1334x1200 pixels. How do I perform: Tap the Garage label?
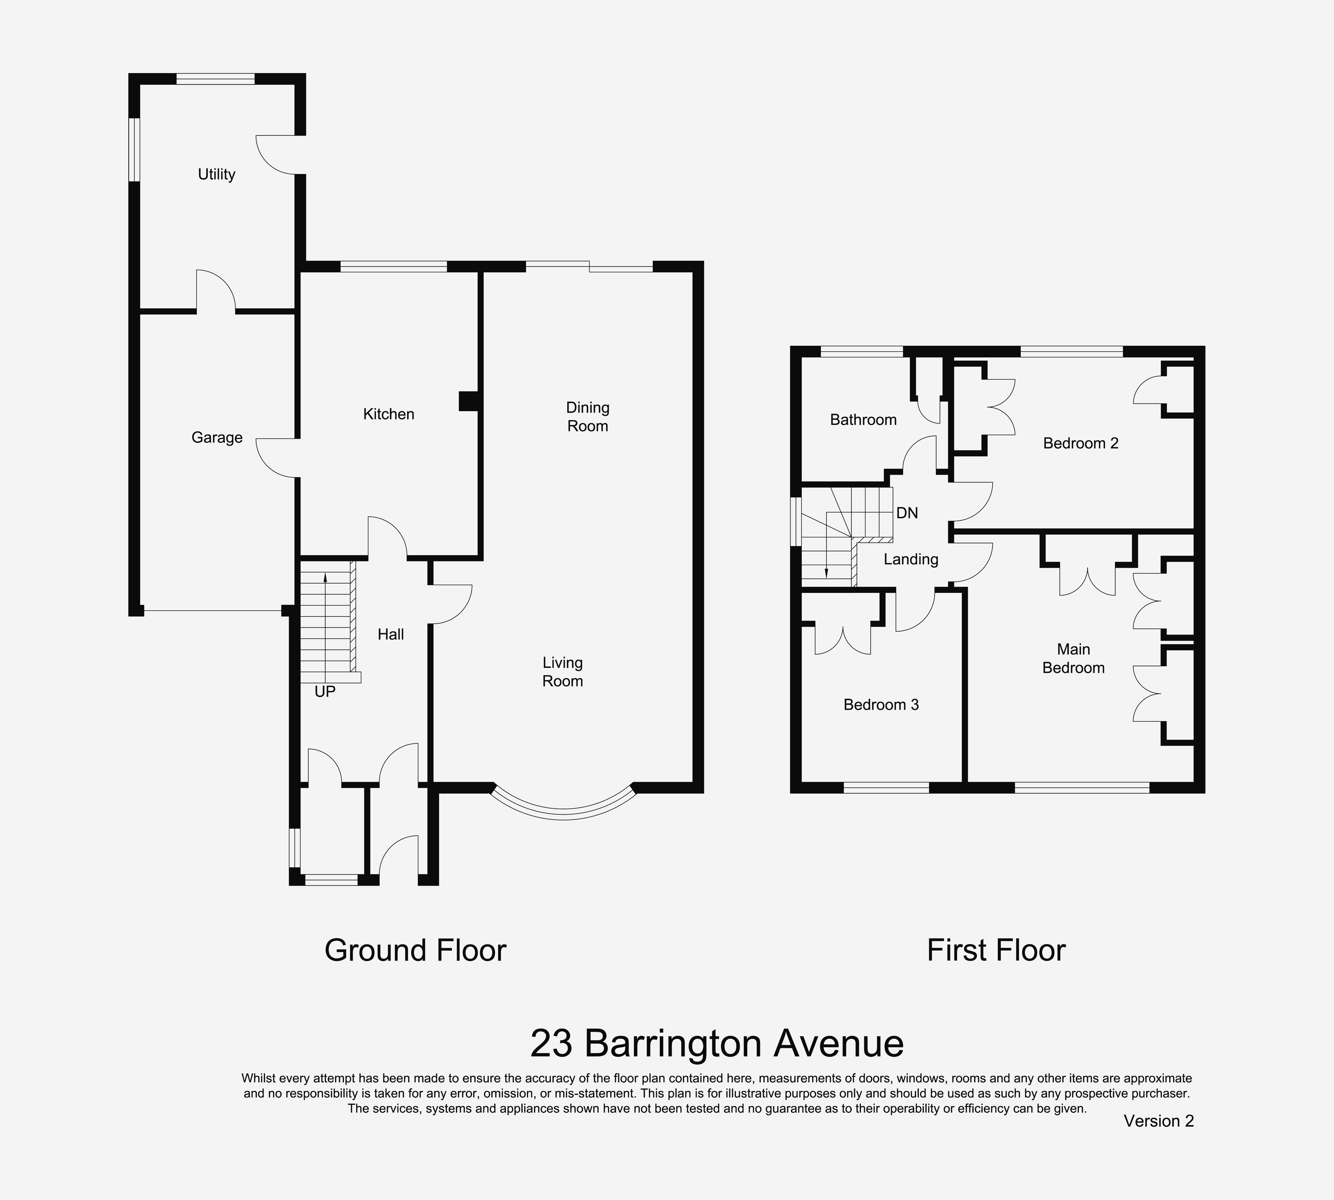coord(217,438)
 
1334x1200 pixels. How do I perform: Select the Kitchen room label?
coord(388,414)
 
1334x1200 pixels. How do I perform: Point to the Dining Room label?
coord(587,417)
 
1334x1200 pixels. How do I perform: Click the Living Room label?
coord(562,672)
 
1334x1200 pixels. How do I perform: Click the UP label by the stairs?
coord(325,692)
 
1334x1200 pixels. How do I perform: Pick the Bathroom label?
coord(863,420)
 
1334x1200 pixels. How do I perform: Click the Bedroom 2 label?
coord(1081,443)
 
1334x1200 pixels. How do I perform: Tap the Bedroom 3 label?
coord(881,705)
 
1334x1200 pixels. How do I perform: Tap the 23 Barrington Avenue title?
coord(717,1043)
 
